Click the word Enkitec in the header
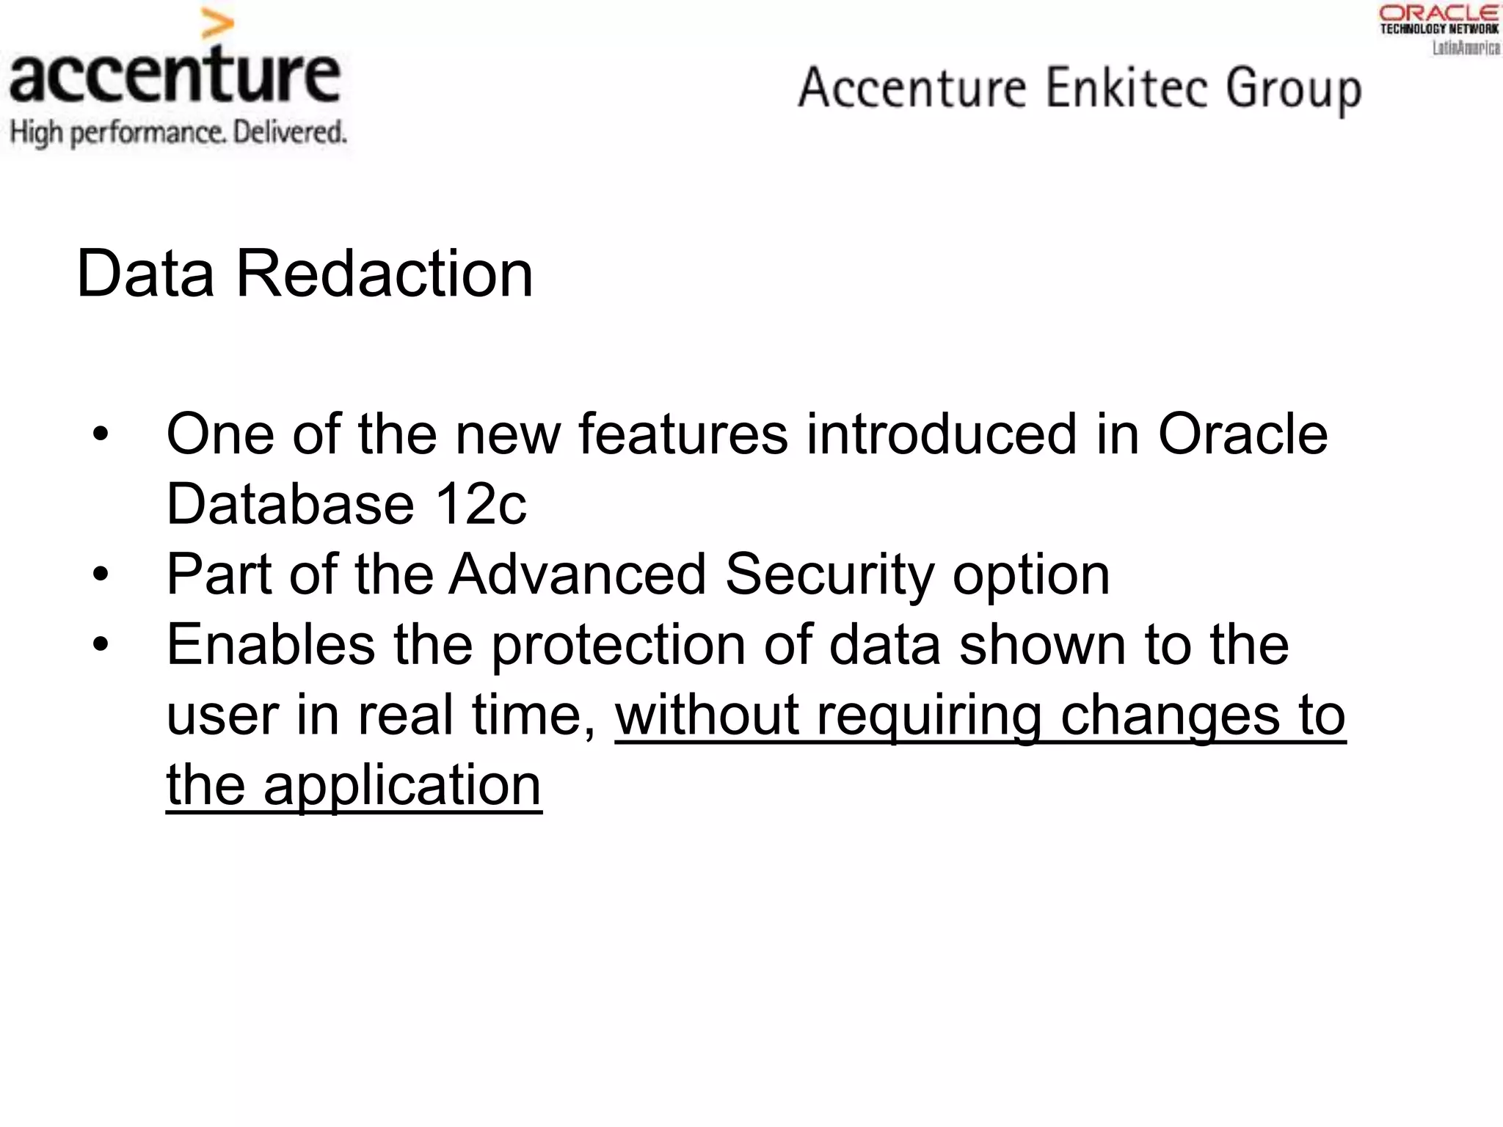point(1127,88)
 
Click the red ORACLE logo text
point(1439,12)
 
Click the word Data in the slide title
point(145,274)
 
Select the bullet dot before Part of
point(101,575)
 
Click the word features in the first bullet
point(683,434)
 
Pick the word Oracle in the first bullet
point(1242,434)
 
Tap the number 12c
point(480,505)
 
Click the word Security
point(829,575)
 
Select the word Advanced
point(578,575)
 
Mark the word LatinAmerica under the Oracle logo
point(1466,48)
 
